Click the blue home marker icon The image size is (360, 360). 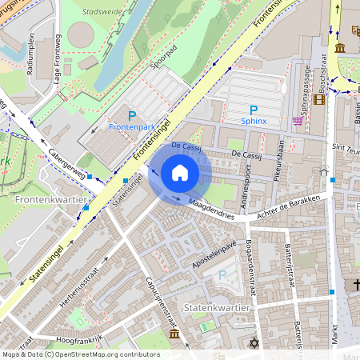click(180, 173)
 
